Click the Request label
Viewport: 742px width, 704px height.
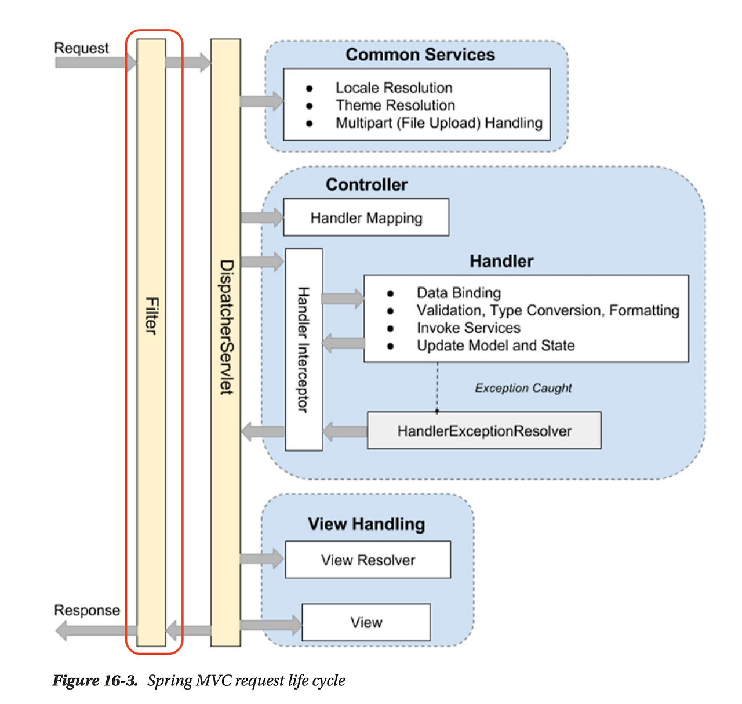[81, 48]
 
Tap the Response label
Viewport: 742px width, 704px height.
[87, 610]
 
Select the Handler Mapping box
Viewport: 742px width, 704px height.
[366, 217]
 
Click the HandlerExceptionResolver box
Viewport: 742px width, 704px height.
[484, 430]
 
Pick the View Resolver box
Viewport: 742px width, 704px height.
[368, 560]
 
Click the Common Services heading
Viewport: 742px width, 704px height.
[420, 55]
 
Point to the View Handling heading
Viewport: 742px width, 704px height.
[366, 524]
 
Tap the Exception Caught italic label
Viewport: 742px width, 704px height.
[523, 388]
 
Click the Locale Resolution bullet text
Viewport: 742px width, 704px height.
[394, 88]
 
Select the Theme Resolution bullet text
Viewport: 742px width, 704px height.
[395, 105]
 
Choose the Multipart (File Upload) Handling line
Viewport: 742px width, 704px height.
[439, 123]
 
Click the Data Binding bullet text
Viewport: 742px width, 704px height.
[459, 293]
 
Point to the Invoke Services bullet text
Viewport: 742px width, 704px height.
[468, 328]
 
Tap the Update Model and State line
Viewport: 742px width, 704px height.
[496, 345]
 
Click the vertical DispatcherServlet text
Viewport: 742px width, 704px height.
[227, 327]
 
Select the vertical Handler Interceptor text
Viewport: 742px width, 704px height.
[303, 349]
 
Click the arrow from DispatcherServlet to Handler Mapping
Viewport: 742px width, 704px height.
[262, 217]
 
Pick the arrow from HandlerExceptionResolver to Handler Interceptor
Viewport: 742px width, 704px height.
[345, 431]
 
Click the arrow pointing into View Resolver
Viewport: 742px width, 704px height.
[262, 558]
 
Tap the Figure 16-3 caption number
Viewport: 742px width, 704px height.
[94, 680]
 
